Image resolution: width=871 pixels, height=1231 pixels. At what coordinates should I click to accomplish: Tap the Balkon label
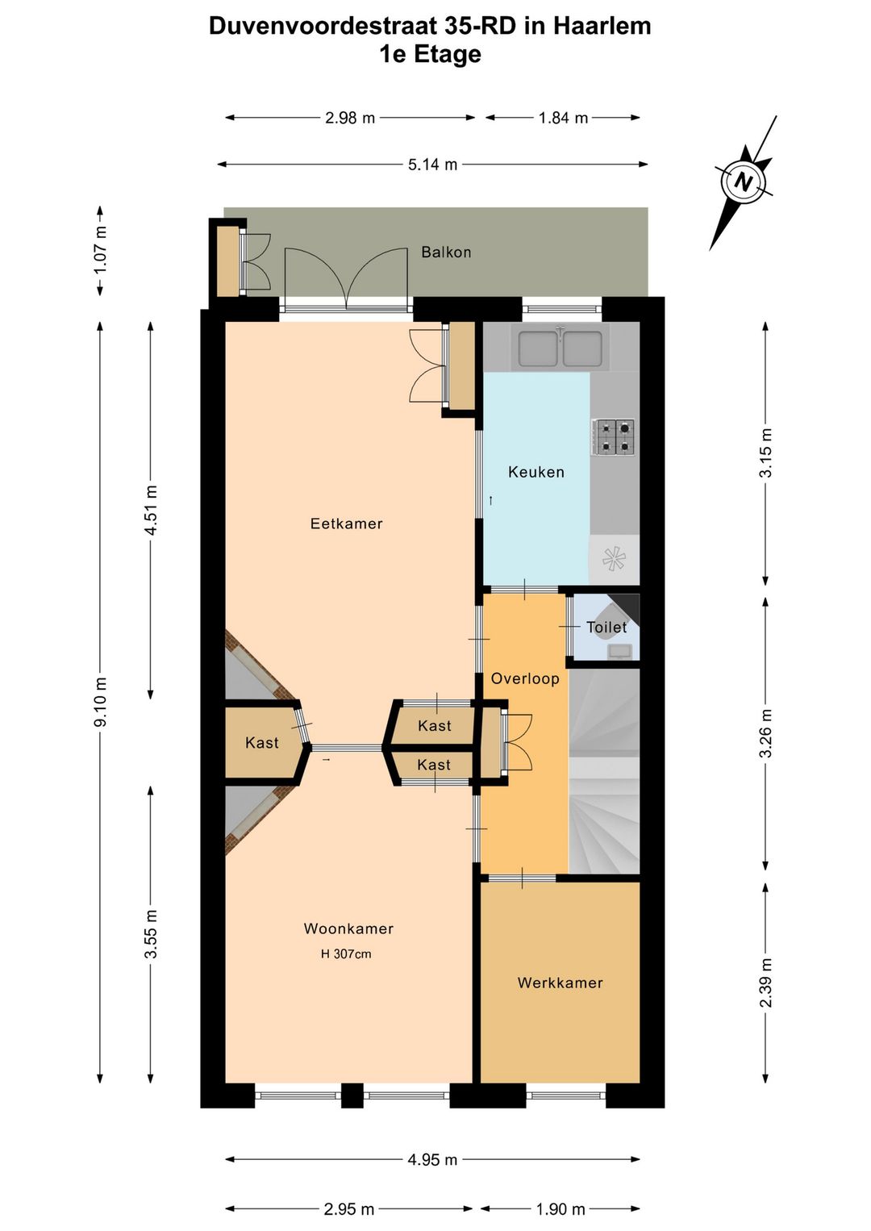446,252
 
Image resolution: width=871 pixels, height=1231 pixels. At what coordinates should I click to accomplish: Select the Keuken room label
536,472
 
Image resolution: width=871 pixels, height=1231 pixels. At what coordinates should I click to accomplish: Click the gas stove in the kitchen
614,437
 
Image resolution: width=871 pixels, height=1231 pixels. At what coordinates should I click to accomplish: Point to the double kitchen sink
560,348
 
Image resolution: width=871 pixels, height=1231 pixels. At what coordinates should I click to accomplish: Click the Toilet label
606,627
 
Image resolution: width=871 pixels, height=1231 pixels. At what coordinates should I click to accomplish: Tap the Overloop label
525,678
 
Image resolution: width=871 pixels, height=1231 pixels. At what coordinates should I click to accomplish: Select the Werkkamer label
560,983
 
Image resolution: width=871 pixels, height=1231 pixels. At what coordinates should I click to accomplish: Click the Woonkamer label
348,928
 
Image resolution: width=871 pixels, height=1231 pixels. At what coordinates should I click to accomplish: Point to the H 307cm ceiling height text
346,954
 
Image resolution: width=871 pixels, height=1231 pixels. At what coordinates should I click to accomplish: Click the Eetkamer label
346,524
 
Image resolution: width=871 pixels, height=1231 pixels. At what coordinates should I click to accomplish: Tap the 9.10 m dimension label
101,702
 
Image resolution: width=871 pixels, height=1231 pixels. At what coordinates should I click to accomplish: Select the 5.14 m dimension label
432,165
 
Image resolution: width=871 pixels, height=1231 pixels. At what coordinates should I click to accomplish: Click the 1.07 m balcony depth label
101,250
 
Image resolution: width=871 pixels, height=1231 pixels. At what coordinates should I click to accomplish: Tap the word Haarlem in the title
602,27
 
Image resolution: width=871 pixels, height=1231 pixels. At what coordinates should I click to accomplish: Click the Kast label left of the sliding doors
261,743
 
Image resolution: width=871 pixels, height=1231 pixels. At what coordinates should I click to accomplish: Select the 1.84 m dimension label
563,118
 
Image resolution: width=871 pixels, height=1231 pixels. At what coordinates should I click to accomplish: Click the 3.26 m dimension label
765,733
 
